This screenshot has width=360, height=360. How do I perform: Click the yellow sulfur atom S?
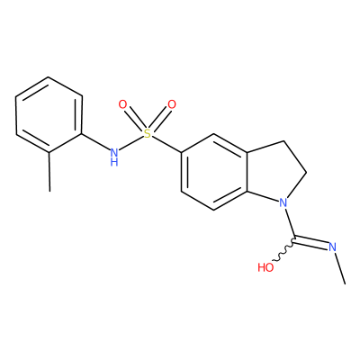pos(148,133)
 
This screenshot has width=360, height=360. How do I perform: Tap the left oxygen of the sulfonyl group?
pos(122,104)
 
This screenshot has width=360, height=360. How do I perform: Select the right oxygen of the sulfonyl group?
pos(172,104)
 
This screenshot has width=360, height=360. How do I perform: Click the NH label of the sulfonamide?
pos(114,157)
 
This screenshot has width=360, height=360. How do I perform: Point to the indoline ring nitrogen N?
pos(283,202)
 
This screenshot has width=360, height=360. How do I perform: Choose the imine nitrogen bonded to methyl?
pos(332,247)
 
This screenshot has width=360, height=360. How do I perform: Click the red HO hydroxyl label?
pos(265,267)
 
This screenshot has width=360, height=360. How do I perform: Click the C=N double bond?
pos(310,242)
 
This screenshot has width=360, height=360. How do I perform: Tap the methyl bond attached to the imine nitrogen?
pos(340,268)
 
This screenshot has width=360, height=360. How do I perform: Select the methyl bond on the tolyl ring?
pos(49,172)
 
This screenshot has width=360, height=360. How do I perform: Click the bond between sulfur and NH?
pos(130,143)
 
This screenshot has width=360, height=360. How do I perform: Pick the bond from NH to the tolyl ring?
pos(95,142)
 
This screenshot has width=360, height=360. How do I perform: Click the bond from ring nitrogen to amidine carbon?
pos(290,224)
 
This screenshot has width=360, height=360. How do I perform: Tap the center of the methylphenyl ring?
pos(49,115)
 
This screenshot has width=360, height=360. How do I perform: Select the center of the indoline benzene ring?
pos(214,172)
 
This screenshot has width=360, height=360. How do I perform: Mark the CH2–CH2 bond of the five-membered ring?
pos(295,157)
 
